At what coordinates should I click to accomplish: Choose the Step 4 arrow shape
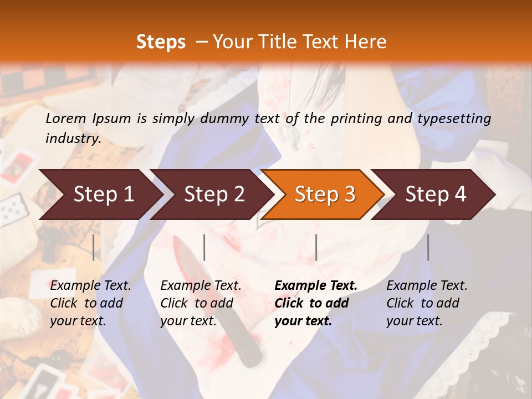(434, 195)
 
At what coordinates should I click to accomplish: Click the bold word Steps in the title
(161, 42)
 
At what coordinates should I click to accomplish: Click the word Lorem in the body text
(65, 118)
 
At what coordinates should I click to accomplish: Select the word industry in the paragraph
(73, 138)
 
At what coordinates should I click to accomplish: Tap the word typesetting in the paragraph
(454, 118)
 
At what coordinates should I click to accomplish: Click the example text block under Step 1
(90, 303)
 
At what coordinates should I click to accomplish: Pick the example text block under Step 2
(201, 303)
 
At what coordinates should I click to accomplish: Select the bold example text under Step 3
(315, 303)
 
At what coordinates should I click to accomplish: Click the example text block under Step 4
(427, 303)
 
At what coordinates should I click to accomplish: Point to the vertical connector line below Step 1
(93, 247)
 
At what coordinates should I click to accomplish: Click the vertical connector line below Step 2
(204, 247)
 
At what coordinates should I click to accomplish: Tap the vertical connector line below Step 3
(316, 247)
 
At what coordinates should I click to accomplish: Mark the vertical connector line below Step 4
(428, 247)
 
